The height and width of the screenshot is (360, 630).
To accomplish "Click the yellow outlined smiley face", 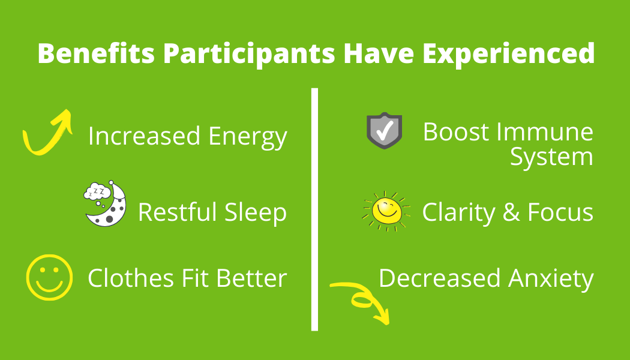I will [x=49, y=277].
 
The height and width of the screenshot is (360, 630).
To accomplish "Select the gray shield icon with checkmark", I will [x=385, y=130].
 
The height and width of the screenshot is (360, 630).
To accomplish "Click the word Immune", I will [x=550, y=132].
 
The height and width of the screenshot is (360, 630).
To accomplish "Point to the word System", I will [x=551, y=157].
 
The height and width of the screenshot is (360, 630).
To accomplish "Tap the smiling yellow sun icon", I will [x=386, y=209].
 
